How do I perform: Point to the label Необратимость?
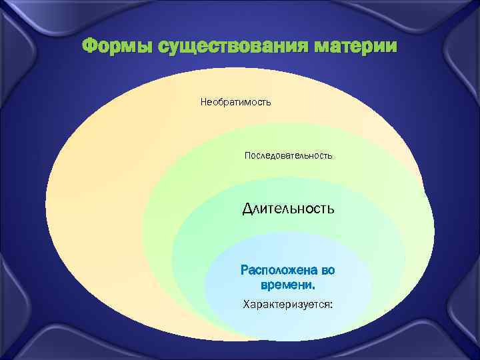pos(235,103)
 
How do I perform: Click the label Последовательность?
pos(288,155)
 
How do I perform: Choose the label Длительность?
pos(288,209)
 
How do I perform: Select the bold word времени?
pos(286,285)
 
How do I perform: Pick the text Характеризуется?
pos(287,305)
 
